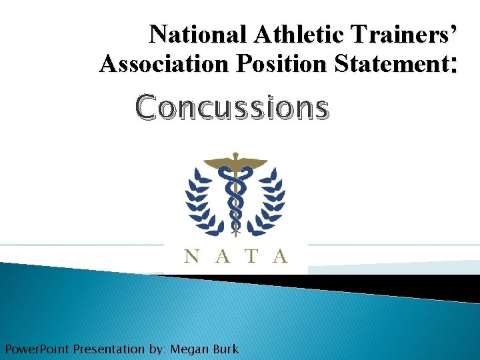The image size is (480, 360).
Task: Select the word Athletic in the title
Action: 277,34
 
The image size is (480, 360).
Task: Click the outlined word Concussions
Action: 232,107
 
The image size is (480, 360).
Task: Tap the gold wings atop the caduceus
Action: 235,162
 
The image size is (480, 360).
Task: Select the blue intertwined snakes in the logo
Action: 235,197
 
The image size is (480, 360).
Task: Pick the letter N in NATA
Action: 191,255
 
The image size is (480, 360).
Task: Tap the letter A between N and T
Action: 221,255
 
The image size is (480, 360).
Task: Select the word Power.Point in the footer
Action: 37,349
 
